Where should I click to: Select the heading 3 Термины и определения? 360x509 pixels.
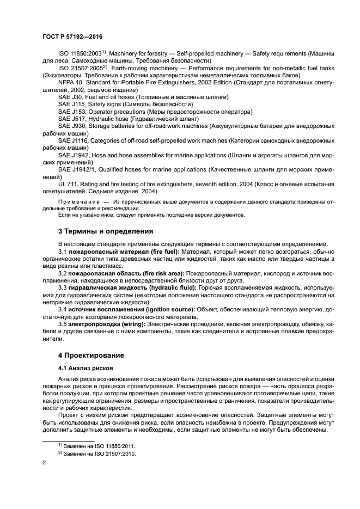(101, 230)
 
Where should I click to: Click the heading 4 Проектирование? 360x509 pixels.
(90, 355)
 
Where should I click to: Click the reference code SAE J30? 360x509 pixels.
(72, 96)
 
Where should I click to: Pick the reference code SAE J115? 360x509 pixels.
(74, 103)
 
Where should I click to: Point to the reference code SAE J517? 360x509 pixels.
(74, 118)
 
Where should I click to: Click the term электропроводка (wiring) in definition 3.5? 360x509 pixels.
(106, 323)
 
